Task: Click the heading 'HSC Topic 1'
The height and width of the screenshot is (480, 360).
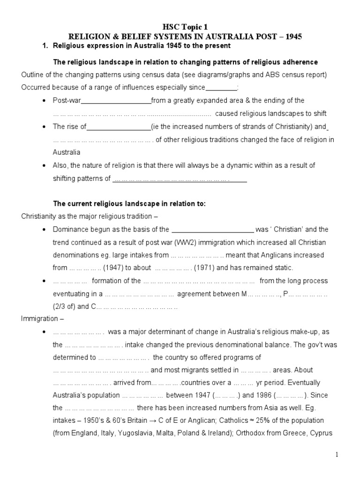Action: tap(180, 27)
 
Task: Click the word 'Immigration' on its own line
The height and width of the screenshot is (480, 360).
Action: tap(40, 319)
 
